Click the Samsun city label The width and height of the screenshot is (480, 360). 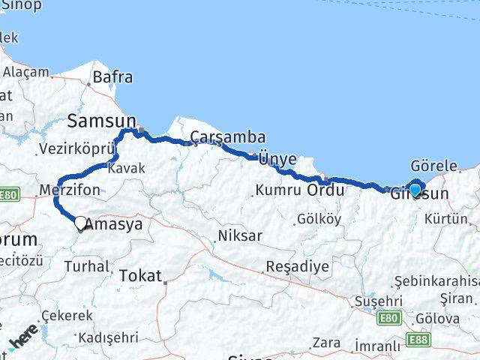pos(102,121)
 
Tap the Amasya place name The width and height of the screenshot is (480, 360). pos(115,223)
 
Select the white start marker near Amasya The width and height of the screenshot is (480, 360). pos(80,222)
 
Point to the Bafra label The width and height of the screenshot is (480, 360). pos(112,76)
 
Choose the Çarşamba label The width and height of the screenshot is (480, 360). pos(228,136)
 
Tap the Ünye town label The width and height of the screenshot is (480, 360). pos(277,159)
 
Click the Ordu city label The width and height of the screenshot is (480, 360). pos(325,190)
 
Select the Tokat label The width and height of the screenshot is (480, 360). pos(140,276)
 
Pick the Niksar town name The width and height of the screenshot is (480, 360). pos(239,235)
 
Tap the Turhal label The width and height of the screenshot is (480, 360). pos(86,265)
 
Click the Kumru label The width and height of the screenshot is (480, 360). pos(278,190)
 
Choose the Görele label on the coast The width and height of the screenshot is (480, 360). pos(434,166)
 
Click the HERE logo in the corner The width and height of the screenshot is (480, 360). pos(23,338)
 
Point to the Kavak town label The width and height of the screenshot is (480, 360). pos(126,169)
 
